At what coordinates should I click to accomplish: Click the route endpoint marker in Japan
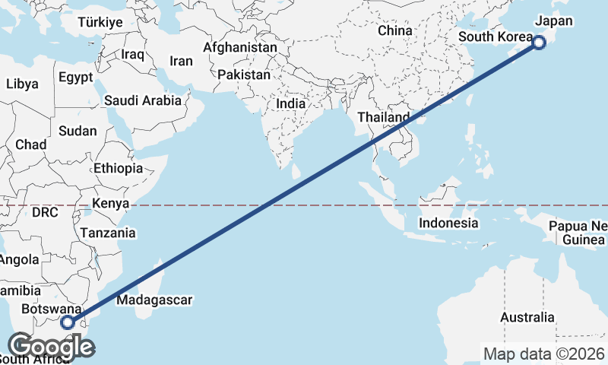pyautogui.click(x=538, y=43)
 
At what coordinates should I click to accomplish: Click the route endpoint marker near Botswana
pyautogui.click(x=68, y=322)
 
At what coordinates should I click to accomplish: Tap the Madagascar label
pyautogui.click(x=154, y=300)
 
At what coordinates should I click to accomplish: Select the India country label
pyautogui.click(x=291, y=103)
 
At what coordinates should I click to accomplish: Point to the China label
pyautogui.click(x=394, y=30)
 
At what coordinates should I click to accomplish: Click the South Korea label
pyautogui.click(x=493, y=36)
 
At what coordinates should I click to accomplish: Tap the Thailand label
pyautogui.click(x=383, y=117)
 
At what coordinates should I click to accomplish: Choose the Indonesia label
pyautogui.click(x=448, y=224)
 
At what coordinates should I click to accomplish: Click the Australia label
pyautogui.click(x=528, y=317)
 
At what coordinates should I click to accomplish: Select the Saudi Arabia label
pyautogui.click(x=143, y=100)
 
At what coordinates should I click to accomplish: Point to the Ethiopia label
pyautogui.click(x=118, y=168)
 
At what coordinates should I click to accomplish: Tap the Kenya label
pyautogui.click(x=111, y=203)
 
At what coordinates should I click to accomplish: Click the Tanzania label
pyautogui.click(x=108, y=233)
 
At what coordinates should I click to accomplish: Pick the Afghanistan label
pyautogui.click(x=240, y=47)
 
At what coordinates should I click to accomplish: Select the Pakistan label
pyautogui.click(x=244, y=75)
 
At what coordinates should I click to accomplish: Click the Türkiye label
pyautogui.click(x=100, y=22)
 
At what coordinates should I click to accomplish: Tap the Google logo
pyautogui.click(x=51, y=346)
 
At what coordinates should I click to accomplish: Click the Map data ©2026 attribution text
pyautogui.click(x=544, y=354)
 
